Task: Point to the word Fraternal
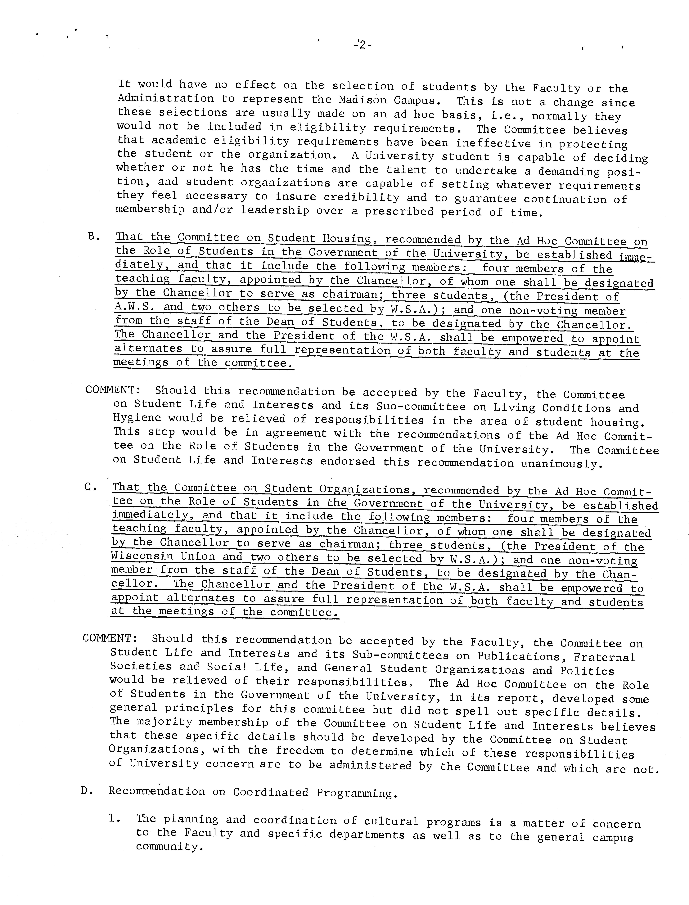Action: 605,657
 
